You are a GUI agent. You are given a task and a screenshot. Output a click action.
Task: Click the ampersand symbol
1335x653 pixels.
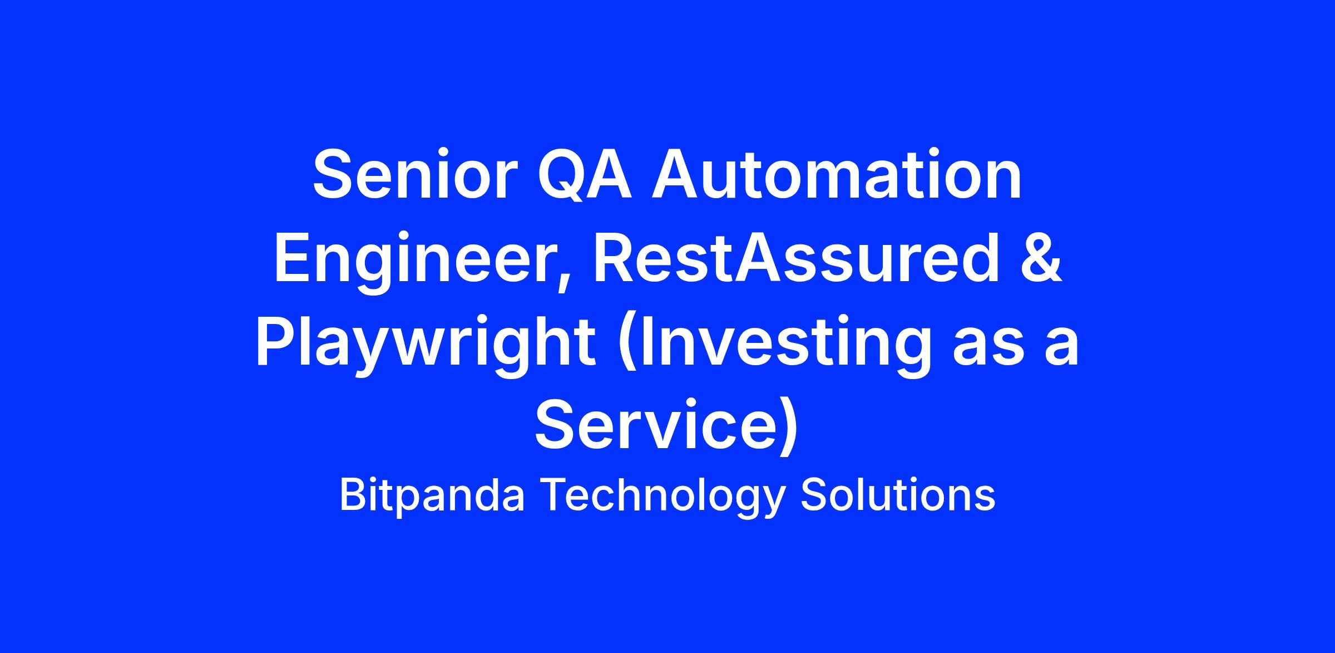point(1041,258)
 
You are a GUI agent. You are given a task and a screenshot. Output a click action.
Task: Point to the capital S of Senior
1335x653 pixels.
point(334,174)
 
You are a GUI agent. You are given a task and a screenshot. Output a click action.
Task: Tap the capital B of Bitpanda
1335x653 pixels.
point(352,495)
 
